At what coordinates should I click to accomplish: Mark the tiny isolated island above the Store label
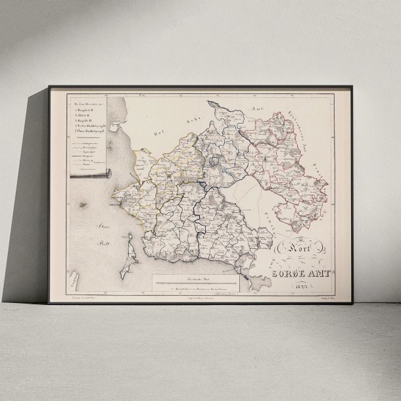(83, 205)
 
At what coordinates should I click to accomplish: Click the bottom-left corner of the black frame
(49, 303)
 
